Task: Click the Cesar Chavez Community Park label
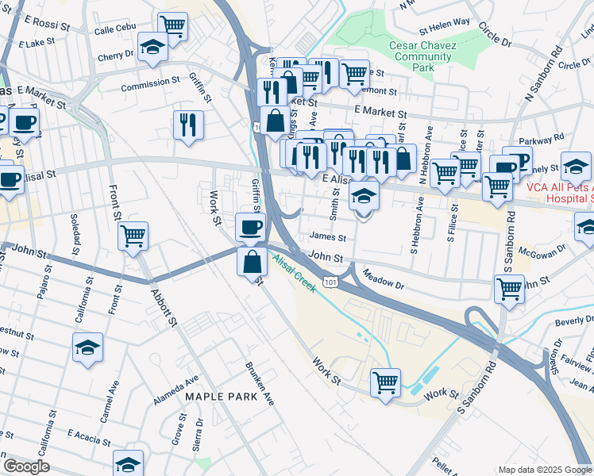coord(422,57)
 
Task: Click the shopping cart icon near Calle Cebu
coord(172,26)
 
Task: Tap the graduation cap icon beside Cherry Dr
coord(152,47)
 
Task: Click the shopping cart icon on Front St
coord(133,235)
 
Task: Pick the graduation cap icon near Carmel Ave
coord(88,347)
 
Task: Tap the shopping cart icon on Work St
coord(385,382)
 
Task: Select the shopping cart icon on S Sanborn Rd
coord(509,288)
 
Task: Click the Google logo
coord(26,466)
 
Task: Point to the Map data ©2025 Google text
coord(545,470)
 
